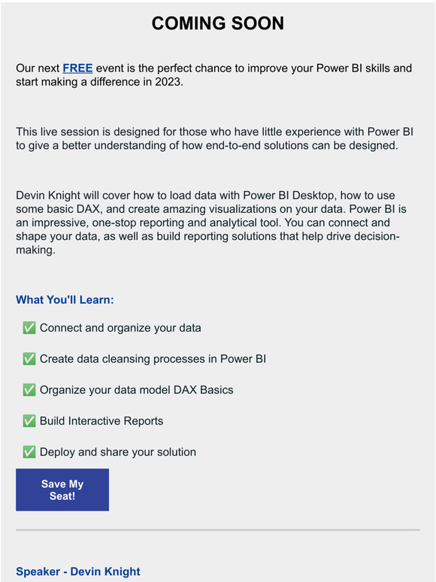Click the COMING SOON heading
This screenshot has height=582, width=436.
click(218, 24)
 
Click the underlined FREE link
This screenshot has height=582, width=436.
click(77, 68)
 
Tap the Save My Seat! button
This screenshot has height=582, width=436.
click(62, 490)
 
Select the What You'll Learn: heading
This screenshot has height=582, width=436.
click(65, 300)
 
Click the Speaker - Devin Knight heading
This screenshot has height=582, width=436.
click(78, 572)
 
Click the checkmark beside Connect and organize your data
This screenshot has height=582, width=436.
click(29, 328)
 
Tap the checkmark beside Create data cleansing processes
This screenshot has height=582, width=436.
click(29, 359)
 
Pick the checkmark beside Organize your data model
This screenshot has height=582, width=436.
click(29, 390)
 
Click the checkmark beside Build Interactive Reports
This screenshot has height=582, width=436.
click(29, 421)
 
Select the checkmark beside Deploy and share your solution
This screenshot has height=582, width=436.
click(29, 452)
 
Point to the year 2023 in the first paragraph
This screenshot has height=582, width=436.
click(167, 82)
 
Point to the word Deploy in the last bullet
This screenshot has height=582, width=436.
click(57, 452)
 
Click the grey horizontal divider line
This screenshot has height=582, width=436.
click(218, 530)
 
